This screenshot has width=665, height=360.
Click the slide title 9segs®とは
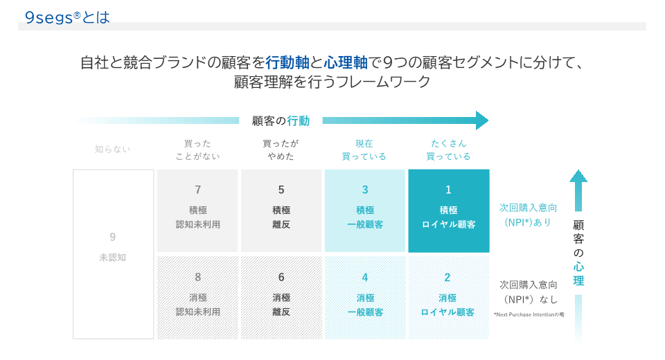point(67,17)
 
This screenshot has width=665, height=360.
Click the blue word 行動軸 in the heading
point(287,63)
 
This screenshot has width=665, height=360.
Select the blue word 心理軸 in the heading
point(346,63)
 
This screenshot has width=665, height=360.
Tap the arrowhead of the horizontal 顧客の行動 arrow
point(482,120)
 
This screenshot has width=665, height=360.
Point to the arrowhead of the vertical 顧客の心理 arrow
point(578,176)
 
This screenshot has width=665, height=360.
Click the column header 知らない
point(112,150)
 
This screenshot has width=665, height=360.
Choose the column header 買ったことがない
point(197,150)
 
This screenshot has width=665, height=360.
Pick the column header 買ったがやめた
point(281,150)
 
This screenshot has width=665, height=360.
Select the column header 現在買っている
point(364,150)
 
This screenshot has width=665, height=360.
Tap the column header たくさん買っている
point(448,150)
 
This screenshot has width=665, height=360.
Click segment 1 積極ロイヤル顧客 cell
point(449,210)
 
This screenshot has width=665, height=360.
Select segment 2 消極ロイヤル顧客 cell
point(449,297)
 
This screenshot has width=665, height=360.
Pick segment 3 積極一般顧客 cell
point(365,210)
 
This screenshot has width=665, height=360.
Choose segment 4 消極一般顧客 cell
point(365,297)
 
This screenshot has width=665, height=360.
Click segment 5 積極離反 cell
point(281,210)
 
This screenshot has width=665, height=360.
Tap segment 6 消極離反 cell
point(281,297)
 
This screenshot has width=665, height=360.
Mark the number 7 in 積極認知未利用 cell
point(197,190)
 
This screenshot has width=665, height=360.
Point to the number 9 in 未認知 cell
point(112,237)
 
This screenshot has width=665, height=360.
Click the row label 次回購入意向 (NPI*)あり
point(528,215)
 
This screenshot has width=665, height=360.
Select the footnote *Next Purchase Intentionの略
point(529,314)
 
